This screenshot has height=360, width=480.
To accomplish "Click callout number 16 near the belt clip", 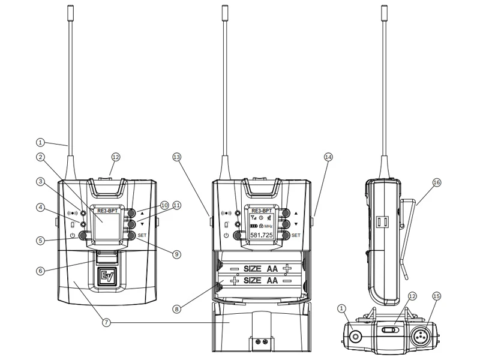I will click(x=436, y=182).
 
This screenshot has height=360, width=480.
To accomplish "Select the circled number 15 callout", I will click(x=436, y=296).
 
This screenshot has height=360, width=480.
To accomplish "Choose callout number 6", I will click(x=40, y=270).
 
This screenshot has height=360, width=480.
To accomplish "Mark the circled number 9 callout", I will click(x=176, y=254).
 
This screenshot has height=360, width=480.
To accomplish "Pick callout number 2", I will click(x=40, y=157).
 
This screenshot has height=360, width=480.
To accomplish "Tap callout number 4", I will click(x=40, y=208).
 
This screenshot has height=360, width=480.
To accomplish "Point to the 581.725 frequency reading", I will click(x=262, y=235).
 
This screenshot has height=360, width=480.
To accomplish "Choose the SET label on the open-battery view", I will click(x=295, y=236).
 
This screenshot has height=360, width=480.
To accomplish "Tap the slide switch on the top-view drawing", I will click(x=389, y=329).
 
